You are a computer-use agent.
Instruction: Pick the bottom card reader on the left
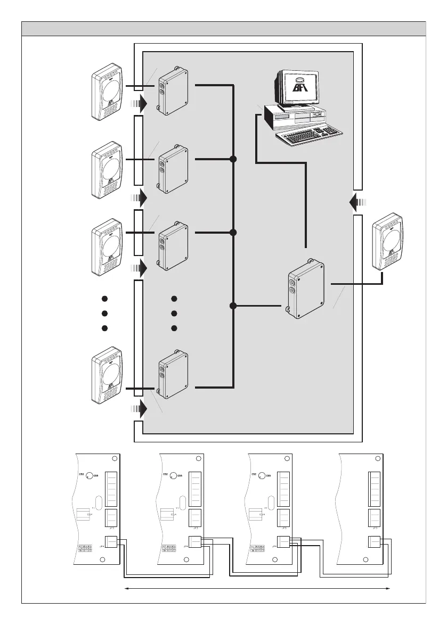107,375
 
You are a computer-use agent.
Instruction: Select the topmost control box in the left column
173,92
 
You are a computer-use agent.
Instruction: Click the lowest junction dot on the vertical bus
233,306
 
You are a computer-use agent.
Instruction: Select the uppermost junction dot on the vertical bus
233,159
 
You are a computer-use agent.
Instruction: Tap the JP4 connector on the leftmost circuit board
111,542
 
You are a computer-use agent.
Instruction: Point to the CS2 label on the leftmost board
82,474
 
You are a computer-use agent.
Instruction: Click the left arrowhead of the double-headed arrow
126,588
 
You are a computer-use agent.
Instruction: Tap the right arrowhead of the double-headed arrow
390,588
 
